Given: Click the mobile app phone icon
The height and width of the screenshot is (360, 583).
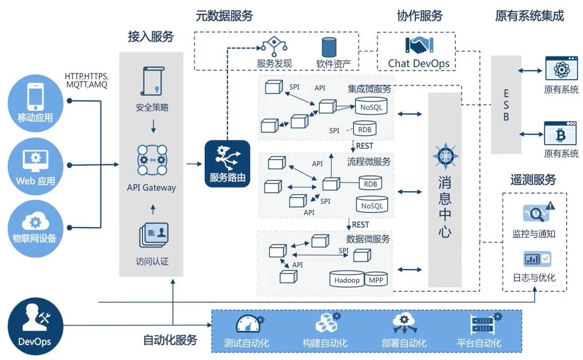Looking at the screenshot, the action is click(35, 96).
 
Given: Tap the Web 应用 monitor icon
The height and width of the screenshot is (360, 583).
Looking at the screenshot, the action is click(35, 161).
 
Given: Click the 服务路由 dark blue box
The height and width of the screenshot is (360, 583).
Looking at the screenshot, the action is click(227, 163).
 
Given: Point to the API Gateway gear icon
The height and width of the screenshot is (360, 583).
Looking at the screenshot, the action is click(152, 160).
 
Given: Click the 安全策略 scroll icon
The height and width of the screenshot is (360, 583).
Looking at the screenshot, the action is click(152, 81).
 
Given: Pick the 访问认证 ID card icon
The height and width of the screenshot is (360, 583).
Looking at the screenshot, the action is click(154, 235).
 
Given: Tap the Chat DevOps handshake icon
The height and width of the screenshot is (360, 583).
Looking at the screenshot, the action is click(419, 45).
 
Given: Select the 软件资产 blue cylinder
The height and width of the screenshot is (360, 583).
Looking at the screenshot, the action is click(329, 47).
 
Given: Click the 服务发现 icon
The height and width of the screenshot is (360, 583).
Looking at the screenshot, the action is click(275, 47).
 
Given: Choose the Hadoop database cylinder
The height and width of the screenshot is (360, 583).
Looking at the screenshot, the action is click(347, 279).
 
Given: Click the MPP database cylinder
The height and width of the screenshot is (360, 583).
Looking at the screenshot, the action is click(376, 279).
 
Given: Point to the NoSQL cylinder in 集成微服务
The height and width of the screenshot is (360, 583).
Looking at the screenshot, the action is click(371, 106).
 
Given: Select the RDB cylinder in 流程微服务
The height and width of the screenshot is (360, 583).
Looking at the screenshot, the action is click(370, 183).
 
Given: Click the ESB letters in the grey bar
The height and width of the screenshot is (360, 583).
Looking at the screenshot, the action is click(506, 105).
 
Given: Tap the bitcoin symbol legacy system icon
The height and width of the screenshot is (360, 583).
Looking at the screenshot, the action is click(560, 133).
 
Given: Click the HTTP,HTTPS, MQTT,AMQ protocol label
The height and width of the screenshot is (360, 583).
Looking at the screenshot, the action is click(87, 81).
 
